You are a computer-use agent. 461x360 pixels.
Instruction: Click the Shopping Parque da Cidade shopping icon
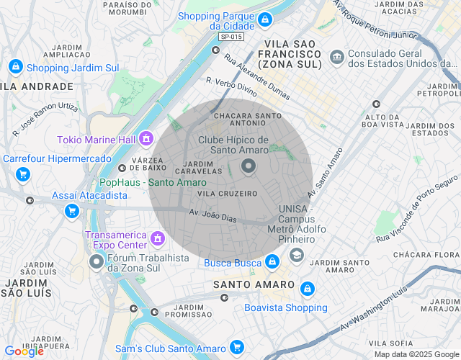265,19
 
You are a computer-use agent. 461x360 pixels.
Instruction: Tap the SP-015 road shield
231,37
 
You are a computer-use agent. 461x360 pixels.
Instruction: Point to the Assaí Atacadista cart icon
71,210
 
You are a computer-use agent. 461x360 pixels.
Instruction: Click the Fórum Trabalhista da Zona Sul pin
97,263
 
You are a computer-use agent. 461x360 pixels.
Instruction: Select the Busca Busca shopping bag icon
272,262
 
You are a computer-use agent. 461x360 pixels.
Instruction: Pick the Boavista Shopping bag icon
308,289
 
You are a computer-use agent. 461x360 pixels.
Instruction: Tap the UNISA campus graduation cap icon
296,255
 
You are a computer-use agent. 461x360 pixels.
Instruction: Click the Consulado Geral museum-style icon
336,57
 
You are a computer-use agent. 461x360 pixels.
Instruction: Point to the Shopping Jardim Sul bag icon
15,68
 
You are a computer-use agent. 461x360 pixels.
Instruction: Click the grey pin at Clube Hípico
249,168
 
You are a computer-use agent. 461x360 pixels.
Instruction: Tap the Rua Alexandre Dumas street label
252,75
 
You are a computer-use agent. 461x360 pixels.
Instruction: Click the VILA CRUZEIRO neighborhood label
227,193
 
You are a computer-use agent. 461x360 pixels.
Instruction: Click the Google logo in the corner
24,351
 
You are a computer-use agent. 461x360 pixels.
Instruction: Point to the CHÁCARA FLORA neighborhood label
425,254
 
